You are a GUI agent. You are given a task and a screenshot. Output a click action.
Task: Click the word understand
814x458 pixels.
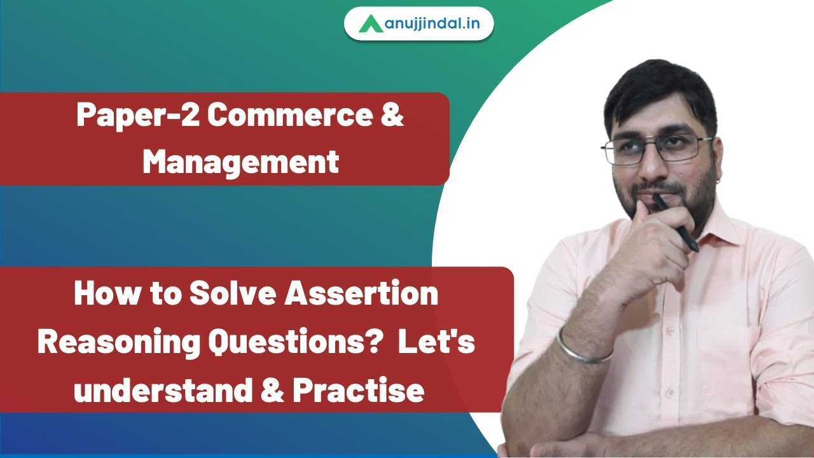coord(162,390)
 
